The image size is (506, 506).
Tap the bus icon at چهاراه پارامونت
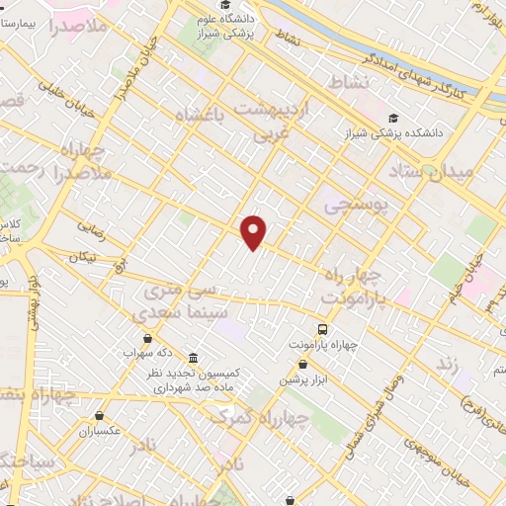(323, 329)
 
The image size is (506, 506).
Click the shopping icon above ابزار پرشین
(302, 365)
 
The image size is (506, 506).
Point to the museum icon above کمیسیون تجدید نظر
(192, 357)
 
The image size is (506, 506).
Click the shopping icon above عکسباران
(100, 416)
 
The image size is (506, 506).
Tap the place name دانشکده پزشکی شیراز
(436, 130)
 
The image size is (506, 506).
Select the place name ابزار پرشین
(302, 380)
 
